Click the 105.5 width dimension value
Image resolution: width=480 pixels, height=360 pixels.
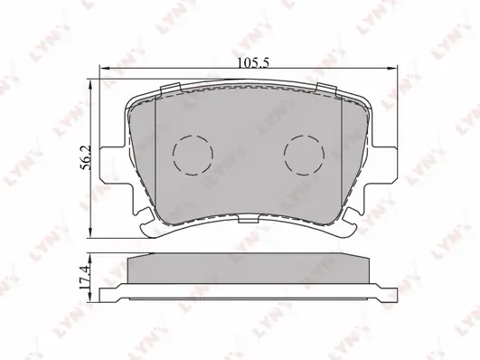[253, 63]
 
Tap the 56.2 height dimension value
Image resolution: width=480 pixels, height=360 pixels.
[86, 157]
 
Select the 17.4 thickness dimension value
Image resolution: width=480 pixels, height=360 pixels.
[84, 278]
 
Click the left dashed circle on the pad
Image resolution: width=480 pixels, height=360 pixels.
[193, 155]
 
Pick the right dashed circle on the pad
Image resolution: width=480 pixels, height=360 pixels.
[304, 155]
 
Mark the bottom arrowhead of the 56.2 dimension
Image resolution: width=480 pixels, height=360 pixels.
[90, 232]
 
